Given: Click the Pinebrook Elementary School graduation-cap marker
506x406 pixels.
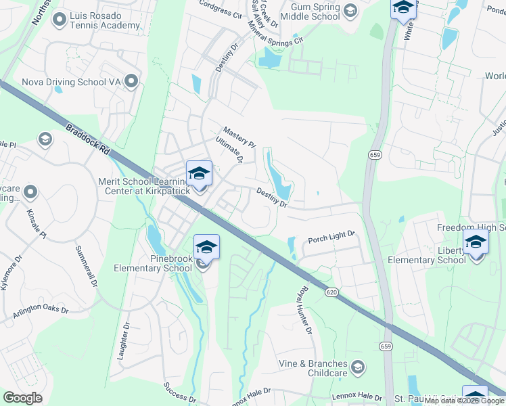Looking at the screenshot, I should click(x=206, y=248).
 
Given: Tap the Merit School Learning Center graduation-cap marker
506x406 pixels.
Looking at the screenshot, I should click(x=199, y=174).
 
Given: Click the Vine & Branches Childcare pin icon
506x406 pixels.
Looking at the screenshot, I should click(x=357, y=367).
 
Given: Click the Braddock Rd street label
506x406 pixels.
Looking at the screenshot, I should click(x=89, y=140).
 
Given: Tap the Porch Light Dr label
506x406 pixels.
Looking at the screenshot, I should click(x=331, y=238).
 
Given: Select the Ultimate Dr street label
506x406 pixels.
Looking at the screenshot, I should click(x=229, y=150).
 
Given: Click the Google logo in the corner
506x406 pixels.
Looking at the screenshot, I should click(x=23, y=398).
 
